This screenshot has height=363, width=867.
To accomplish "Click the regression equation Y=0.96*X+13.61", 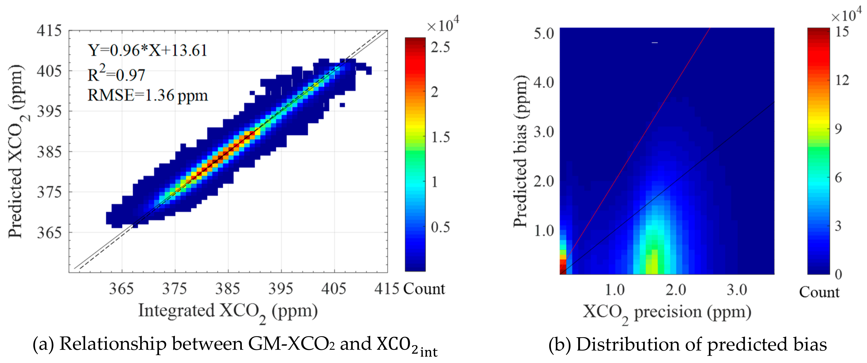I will click(147, 51).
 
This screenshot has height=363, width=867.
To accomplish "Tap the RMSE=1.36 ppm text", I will click(147, 95).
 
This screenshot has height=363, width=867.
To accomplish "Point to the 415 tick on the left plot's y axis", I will click(49, 31).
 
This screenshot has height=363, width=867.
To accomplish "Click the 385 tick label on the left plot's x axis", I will click(228, 289).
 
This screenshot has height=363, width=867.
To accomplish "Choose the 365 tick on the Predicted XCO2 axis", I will click(49, 232).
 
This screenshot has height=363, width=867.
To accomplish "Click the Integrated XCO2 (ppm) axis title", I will click(228, 311).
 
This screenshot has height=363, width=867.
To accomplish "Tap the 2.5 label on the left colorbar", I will click(440, 47).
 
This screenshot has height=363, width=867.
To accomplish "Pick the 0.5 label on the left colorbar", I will click(440, 227).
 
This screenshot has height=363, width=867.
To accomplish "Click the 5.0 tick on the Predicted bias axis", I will click(544, 33).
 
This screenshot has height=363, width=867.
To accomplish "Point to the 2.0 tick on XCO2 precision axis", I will click(675, 290).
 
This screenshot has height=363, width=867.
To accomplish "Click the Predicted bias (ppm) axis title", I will click(520, 151).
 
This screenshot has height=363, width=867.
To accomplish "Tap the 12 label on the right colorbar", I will click(842, 80).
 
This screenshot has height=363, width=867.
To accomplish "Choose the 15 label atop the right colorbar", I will click(842, 32).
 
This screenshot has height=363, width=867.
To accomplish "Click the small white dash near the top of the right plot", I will click(655, 43).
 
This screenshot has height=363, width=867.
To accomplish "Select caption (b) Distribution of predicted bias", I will click(687, 345).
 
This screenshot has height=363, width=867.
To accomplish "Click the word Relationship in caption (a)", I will click(113, 344).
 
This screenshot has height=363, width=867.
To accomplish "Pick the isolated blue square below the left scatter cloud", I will click(342, 105).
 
